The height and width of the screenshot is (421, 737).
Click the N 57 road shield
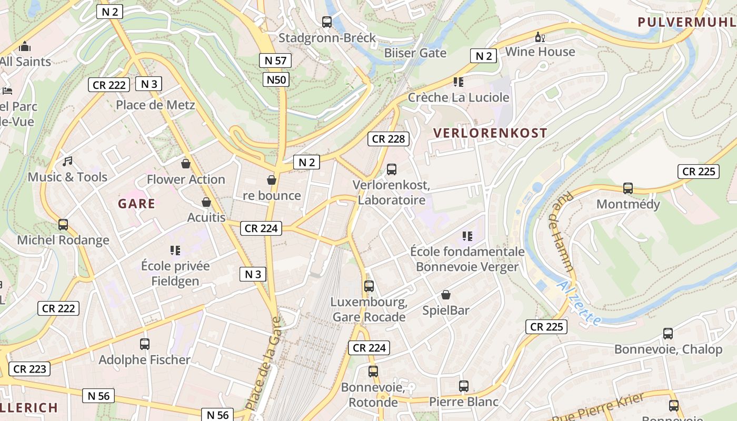point(275,61)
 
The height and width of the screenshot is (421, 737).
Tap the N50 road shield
point(276,80)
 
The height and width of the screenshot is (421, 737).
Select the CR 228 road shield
point(389,139)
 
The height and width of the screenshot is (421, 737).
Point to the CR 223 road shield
point(29,369)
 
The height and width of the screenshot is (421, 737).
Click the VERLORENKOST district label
point(490,133)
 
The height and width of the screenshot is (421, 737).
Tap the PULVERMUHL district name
point(686,22)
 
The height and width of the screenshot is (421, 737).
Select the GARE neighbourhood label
point(137,204)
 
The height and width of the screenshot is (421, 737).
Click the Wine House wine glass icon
point(539,37)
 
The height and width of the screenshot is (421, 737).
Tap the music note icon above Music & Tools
point(67,162)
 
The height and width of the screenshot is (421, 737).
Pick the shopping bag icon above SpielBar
point(446,295)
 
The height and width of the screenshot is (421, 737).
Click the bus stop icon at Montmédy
point(628,188)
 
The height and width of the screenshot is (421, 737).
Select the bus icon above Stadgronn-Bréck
point(327,22)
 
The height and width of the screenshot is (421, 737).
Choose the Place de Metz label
point(155,105)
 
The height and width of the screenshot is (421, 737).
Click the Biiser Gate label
point(415,53)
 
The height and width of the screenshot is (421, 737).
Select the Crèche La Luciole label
point(459,97)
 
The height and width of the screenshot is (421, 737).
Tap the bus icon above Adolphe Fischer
point(145,344)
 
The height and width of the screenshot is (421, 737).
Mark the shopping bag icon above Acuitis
point(206,202)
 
